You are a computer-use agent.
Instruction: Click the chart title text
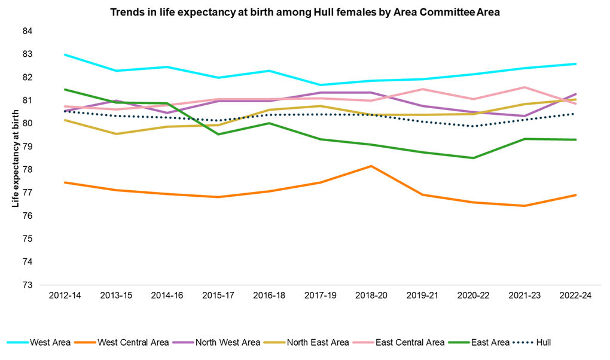click(304, 11)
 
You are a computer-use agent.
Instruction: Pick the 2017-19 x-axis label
click(321, 297)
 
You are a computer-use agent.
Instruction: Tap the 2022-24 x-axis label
click(577, 297)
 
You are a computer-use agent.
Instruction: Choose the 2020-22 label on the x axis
click(474, 297)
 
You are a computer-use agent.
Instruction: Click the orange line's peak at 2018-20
click(371, 166)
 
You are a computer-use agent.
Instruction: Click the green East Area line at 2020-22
click(474, 158)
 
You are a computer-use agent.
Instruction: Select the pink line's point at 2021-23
click(525, 87)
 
